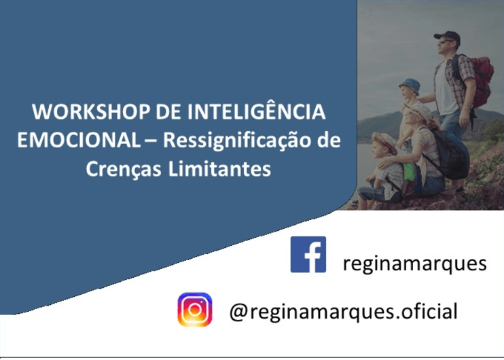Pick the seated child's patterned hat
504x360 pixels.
pyautogui.click(x=385, y=142)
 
